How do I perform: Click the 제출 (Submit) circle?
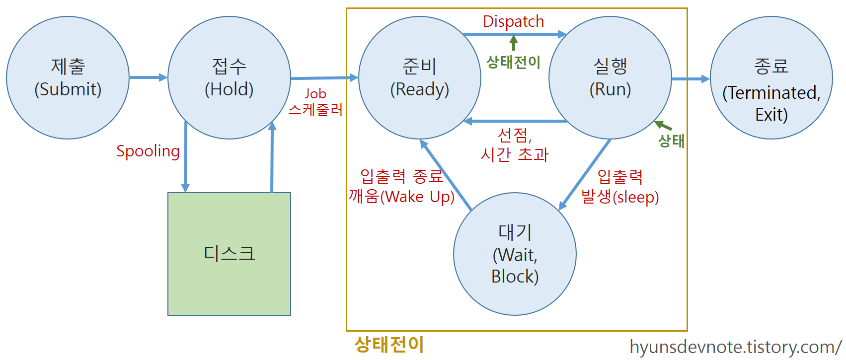coord(68,78)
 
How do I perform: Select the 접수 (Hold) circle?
coord(229,78)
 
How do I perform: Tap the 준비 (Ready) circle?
coord(419,78)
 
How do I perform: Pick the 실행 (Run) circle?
coord(610,78)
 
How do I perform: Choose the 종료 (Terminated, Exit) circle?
coord(771,78)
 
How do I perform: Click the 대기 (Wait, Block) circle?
coord(515,254)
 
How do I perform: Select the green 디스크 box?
coord(229,254)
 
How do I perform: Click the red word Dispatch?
coord(513,21)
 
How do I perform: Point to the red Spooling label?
coord(148,151)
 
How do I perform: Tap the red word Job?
coord(315,93)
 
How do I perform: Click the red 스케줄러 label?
coord(316,109)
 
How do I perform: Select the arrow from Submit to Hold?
coord(148,77)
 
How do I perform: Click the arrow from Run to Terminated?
coord(691,78)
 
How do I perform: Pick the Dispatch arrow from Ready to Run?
coord(514,34)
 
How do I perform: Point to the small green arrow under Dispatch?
coord(514,43)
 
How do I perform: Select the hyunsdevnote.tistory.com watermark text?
coord(735,347)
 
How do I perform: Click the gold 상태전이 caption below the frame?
coord(389,344)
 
